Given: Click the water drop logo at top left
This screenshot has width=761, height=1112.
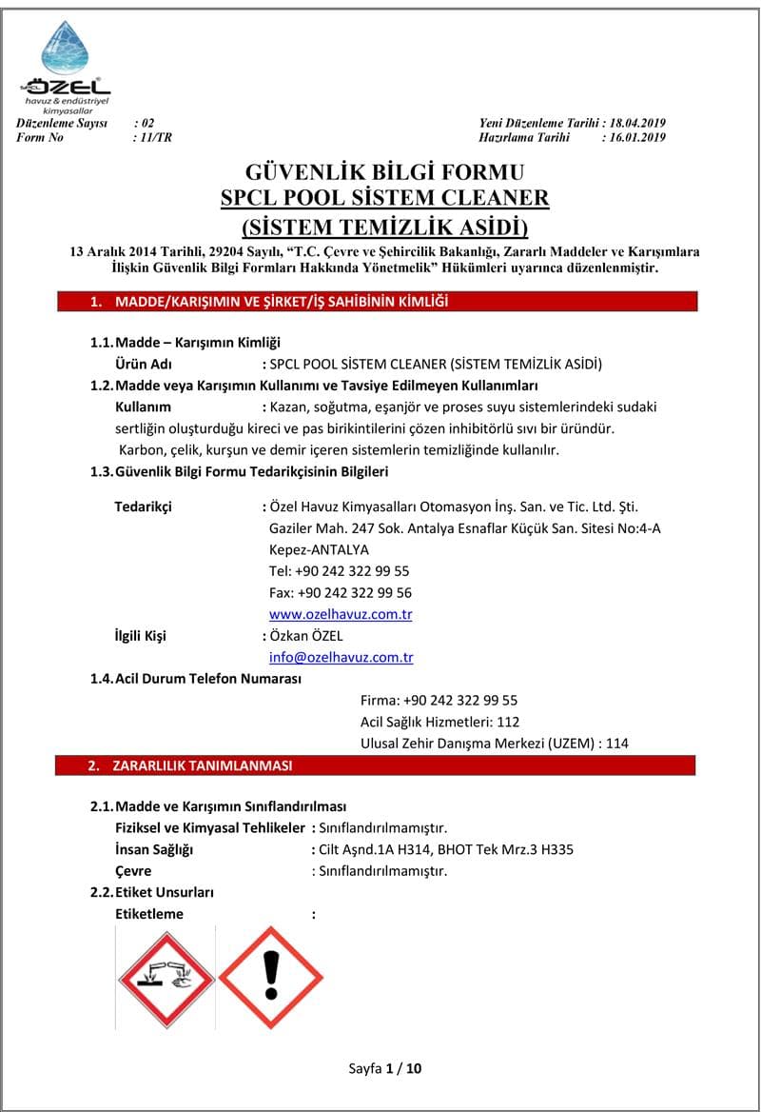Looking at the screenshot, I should tap(65, 49).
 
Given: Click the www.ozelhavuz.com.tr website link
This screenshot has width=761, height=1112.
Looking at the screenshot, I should tap(341, 614).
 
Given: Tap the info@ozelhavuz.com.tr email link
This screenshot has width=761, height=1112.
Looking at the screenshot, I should tap(341, 657).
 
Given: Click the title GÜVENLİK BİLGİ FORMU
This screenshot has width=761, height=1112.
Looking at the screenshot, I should tap(385, 172).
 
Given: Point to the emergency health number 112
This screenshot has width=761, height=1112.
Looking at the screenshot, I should tap(508, 722).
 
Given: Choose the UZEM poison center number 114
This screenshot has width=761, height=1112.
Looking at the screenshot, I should tap(617, 743).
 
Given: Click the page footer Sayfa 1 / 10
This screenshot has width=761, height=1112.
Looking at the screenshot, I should tap(385, 1068).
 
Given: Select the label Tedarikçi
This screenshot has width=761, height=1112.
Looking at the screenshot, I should tap(143, 506).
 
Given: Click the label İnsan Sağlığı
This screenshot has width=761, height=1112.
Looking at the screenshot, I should tap(154, 849).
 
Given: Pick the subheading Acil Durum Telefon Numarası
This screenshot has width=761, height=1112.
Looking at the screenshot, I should tap(207, 679).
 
